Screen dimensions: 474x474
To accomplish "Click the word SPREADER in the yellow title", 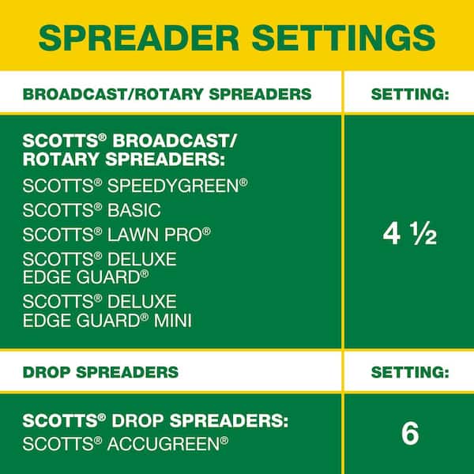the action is tap(139, 39).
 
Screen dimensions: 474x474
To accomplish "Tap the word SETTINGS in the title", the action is tap(344, 39).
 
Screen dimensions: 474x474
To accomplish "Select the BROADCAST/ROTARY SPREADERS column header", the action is tap(167, 94).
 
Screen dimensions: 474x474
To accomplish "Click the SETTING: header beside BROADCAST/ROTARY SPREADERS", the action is tap(410, 94).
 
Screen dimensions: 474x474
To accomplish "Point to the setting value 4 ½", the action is tap(409, 234).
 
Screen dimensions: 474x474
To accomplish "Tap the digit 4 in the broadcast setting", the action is tap(392, 235).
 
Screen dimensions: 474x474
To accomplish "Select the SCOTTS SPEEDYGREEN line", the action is tap(135, 186).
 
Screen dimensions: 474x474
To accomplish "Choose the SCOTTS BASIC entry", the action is tap(92, 210).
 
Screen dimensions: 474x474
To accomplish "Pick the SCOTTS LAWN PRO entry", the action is tap(117, 235).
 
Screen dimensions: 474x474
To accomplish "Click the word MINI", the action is tap(173, 321).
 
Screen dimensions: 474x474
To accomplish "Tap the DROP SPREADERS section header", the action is tap(100, 372).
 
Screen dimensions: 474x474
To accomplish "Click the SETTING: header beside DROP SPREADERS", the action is tap(410, 372).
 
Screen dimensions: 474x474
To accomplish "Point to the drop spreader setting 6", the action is tap(410, 434).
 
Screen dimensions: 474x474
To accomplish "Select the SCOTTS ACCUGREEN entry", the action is tap(126, 444).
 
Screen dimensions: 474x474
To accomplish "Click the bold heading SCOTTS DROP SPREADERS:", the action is tap(156, 420).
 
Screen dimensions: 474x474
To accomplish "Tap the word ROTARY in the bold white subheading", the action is tap(61, 159).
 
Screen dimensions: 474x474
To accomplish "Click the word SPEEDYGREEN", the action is tap(178, 186).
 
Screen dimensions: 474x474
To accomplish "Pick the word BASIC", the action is tap(134, 210).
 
